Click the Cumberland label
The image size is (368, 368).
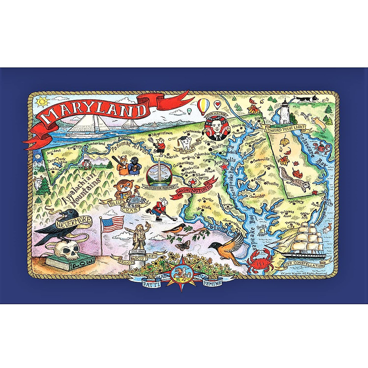[x=95, y=144]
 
